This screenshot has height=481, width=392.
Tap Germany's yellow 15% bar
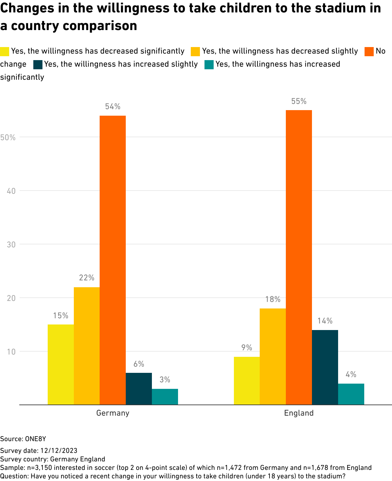(x=61, y=364)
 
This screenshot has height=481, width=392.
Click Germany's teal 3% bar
(x=165, y=397)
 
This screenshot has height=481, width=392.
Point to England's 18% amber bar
(x=273, y=356)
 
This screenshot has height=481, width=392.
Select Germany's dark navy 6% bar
(x=139, y=389)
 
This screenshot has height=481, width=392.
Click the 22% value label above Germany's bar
(x=87, y=278)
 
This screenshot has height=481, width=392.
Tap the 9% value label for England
(x=247, y=347)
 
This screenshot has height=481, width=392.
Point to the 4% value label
(x=351, y=374)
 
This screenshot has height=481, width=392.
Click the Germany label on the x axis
(x=113, y=413)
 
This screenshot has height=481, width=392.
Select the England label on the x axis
(x=299, y=413)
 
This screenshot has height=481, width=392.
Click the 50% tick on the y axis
(x=8, y=138)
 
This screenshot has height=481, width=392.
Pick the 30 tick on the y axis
(x=11, y=244)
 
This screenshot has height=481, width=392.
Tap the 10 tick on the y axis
(x=11, y=352)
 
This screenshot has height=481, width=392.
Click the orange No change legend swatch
(x=369, y=52)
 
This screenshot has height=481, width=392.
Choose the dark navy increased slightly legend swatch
(x=38, y=65)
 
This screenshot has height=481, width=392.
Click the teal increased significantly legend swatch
(x=209, y=65)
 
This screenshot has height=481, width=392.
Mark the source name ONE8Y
(x=36, y=439)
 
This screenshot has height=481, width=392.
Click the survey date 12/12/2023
(x=59, y=451)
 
